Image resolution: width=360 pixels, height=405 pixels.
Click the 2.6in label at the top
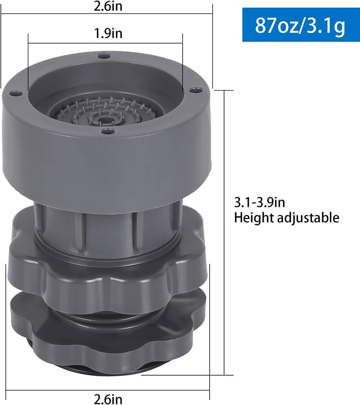[108, 6]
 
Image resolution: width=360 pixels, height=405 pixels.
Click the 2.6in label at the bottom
[108, 399]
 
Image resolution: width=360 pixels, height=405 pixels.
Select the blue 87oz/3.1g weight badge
[301, 25]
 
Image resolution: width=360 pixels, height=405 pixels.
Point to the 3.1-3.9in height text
[260, 202]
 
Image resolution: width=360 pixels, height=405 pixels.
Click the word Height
[254, 218]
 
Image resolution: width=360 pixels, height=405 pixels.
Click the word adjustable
[308, 218]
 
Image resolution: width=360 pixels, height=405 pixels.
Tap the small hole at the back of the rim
[104, 55]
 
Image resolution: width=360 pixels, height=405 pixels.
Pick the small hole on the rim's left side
[15, 92]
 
